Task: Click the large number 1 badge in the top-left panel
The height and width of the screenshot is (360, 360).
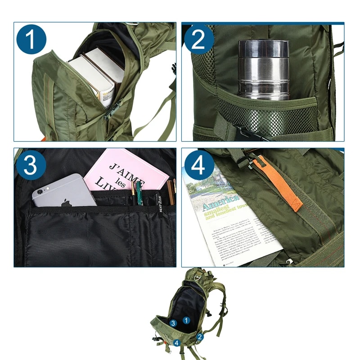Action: pyautogui.click(x=31, y=40)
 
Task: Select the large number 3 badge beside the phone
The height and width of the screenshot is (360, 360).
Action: pyautogui.click(x=31, y=165)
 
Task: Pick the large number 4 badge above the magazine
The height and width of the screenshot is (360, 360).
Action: pyautogui.click(x=198, y=165)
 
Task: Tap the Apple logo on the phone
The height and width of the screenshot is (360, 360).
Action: pyautogui.click(x=67, y=203)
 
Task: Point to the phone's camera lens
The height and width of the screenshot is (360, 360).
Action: pyautogui.click(x=40, y=191)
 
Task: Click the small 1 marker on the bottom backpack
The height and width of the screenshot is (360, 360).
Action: pyautogui.click(x=187, y=320)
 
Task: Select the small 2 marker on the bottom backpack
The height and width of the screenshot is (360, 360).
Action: pyautogui.click(x=200, y=336)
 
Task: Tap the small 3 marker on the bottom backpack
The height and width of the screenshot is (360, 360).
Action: pyautogui.click(x=173, y=323)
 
